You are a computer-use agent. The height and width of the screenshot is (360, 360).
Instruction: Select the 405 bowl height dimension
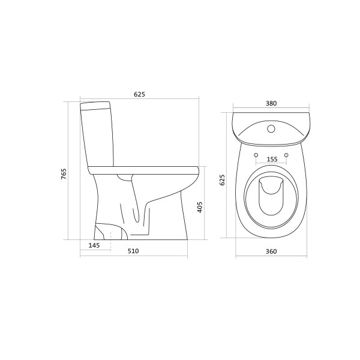tap(200, 208)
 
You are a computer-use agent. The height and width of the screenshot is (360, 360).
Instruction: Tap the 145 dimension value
tap(94, 245)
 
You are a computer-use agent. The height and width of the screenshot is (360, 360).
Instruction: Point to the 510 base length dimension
tap(133, 251)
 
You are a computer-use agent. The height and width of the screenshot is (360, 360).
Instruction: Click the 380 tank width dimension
tap(271, 103)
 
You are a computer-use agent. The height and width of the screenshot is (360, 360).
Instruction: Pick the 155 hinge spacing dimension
tap(271, 160)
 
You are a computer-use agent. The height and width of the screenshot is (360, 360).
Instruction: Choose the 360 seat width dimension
tap(271, 251)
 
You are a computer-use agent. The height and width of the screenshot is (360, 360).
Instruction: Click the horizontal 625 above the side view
tap(139, 94)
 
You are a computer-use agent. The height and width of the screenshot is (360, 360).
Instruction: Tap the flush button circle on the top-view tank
tap(271, 128)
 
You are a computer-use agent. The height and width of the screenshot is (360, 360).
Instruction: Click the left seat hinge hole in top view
tap(256, 156)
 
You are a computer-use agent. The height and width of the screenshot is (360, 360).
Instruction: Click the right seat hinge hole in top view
tap(286, 156)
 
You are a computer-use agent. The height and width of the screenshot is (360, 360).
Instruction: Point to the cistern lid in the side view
tap(96, 107)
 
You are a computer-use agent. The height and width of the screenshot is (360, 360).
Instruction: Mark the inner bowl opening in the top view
tap(271, 198)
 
